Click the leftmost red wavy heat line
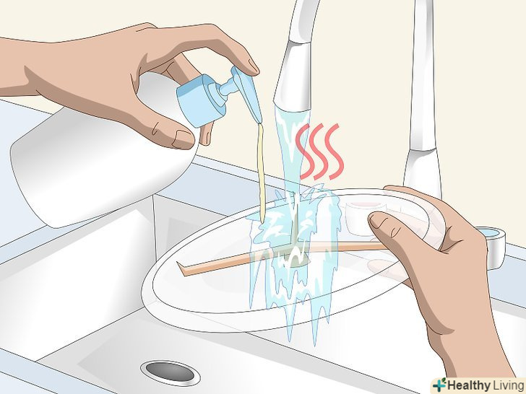(303, 151)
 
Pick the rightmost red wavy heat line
(334, 152)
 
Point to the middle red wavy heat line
(319, 151)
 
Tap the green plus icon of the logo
(439, 385)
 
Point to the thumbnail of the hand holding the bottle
(183, 139)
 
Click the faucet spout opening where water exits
(292, 108)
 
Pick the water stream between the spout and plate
(291, 151)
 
